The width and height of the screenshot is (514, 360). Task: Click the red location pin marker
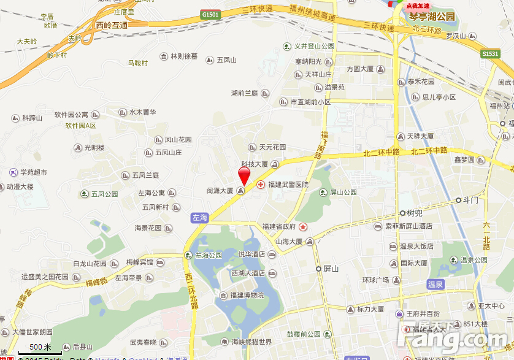tap(244, 175)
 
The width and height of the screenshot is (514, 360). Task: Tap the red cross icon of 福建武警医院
tap(260, 185)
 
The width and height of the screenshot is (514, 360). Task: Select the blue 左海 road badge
tap(200, 218)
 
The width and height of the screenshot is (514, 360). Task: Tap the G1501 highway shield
tap(210, 13)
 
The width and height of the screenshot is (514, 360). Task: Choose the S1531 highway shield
tap(490, 54)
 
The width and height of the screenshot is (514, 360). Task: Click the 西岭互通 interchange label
tap(112, 25)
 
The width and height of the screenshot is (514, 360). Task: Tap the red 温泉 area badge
tap(435, 285)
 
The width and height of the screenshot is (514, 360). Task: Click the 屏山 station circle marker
tap(318, 269)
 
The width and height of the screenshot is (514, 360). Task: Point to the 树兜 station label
tap(415, 213)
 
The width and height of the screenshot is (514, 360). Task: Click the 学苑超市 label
tap(33, 172)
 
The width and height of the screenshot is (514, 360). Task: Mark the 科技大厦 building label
tap(255, 164)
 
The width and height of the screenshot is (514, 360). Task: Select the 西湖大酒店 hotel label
tap(248, 274)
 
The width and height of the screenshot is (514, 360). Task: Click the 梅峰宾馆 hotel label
tap(139, 262)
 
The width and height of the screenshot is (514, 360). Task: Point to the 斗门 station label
tap(470, 200)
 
